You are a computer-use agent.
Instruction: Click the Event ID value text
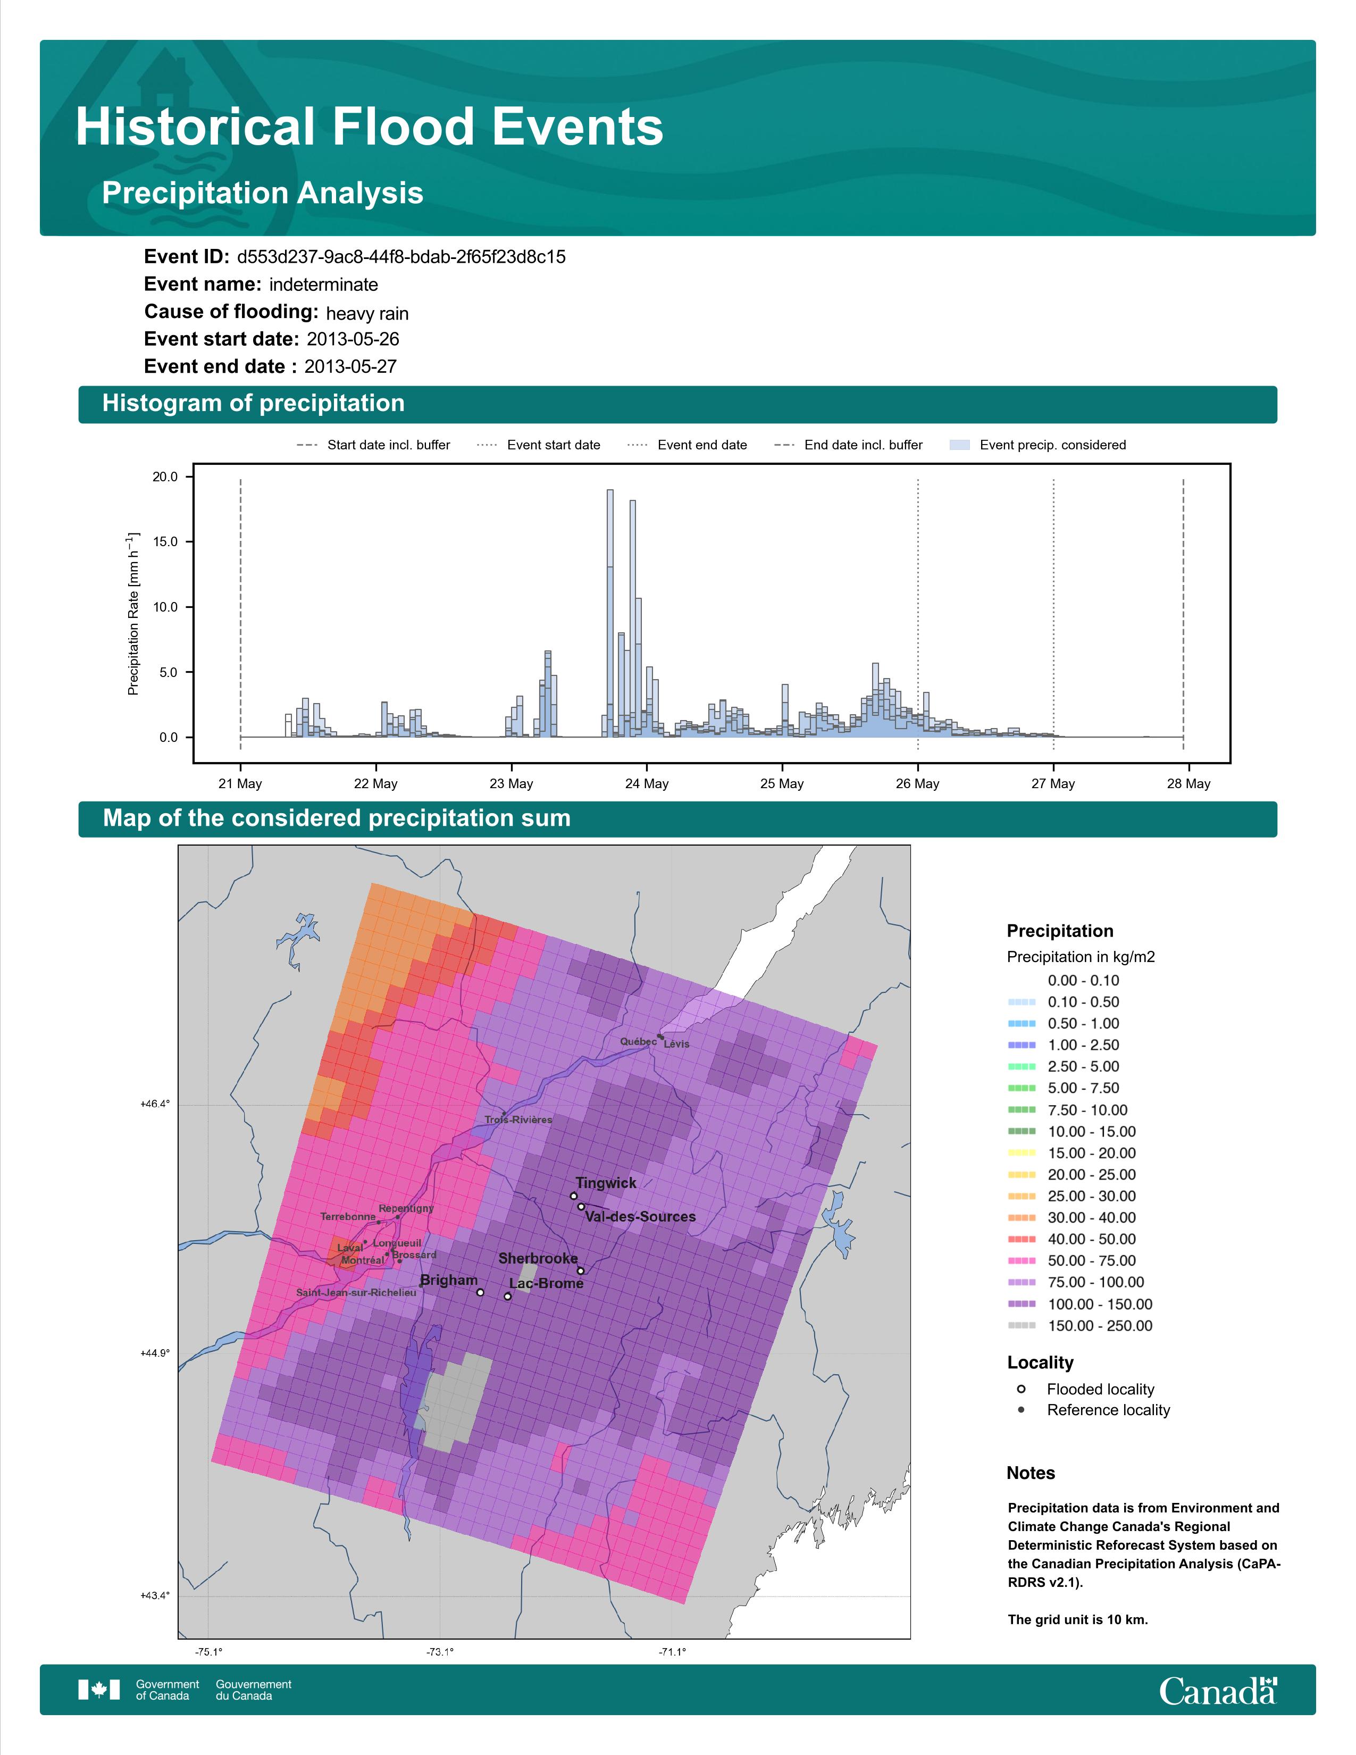tap(401, 257)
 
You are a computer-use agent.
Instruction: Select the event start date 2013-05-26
tap(353, 339)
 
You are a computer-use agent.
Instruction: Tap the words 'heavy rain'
tap(367, 313)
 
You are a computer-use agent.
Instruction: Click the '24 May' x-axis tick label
tap(647, 783)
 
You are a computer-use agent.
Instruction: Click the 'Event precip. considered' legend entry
tap(1038, 445)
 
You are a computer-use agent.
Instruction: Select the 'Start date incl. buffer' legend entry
tap(373, 445)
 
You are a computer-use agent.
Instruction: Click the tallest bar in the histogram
tap(610, 613)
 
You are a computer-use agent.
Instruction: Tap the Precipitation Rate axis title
tap(133, 613)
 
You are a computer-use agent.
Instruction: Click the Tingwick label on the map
tap(606, 1183)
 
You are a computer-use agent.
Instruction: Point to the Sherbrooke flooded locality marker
tap(581, 1271)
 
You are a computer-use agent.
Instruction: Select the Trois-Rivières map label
tap(518, 1119)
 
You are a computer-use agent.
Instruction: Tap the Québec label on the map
tap(638, 1041)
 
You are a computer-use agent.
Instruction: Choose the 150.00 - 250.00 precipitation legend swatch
tap(1021, 1326)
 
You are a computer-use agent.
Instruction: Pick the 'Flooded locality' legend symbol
tap(1021, 1389)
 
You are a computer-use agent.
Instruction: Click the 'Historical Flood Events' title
tap(370, 127)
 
